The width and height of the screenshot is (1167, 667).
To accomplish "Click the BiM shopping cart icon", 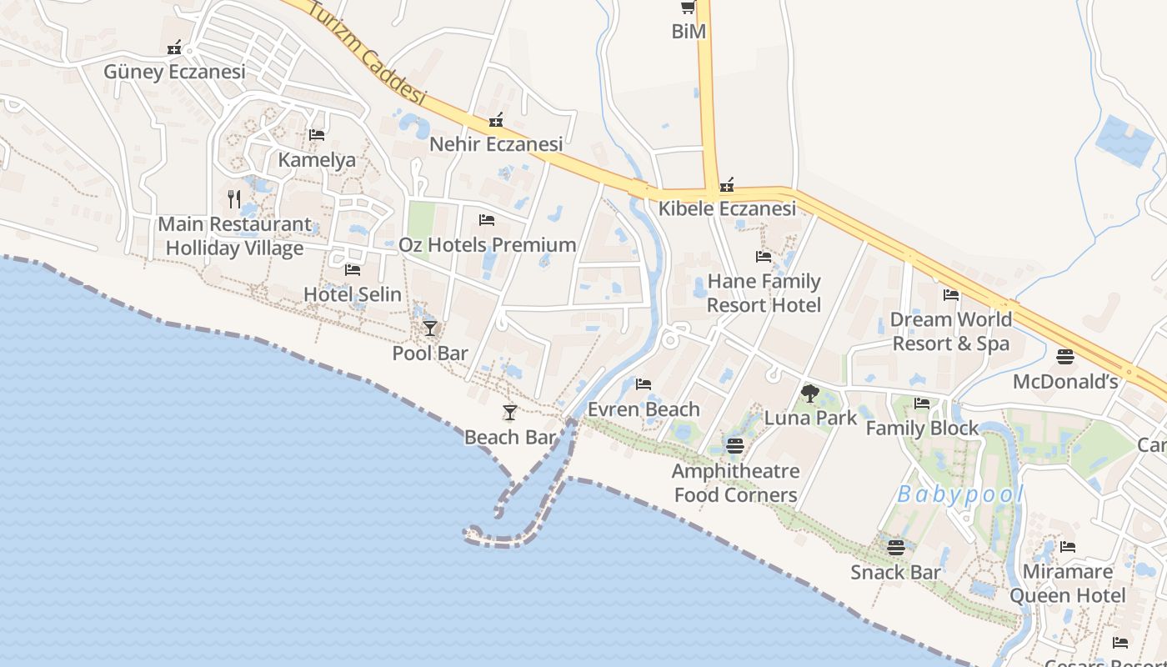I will click(x=688, y=8).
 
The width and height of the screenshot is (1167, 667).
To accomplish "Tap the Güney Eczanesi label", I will click(x=174, y=72).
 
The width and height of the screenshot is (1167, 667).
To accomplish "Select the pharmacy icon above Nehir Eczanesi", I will click(x=496, y=121).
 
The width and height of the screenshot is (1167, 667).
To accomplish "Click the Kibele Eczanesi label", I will click(x=727, y=208).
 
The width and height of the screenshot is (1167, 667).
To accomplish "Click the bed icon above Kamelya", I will click(x=317, y=134).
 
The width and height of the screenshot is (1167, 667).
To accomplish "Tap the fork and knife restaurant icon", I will click(x=234, y=199).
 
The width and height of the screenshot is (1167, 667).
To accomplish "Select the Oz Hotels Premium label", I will click(x=488, y=245).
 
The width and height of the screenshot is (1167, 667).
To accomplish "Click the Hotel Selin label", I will click(x=353, y=294).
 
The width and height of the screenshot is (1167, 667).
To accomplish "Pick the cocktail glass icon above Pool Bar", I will click(x=430, y=328).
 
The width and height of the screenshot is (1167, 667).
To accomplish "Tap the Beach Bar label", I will click(x=510, y=437).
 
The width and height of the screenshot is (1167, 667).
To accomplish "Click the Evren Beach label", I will click(x=644, y=409).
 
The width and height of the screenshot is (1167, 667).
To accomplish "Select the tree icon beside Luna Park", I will click(x=809, y=394).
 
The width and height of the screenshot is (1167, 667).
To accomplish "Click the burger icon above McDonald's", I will click(x=1065, y=357).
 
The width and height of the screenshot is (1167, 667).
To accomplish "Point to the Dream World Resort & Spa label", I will click(x=950, y=331).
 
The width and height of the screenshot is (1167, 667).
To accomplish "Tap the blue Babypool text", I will click(x=960, y=495).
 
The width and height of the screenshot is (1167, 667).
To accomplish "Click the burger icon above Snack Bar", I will click(x=896, y=548).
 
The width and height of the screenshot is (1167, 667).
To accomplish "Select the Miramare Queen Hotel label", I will click(x=1068, y=584).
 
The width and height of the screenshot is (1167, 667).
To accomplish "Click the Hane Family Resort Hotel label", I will click(x=764, y=293).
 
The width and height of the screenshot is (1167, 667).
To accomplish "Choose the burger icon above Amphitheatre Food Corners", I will click(x=734, y=446).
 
